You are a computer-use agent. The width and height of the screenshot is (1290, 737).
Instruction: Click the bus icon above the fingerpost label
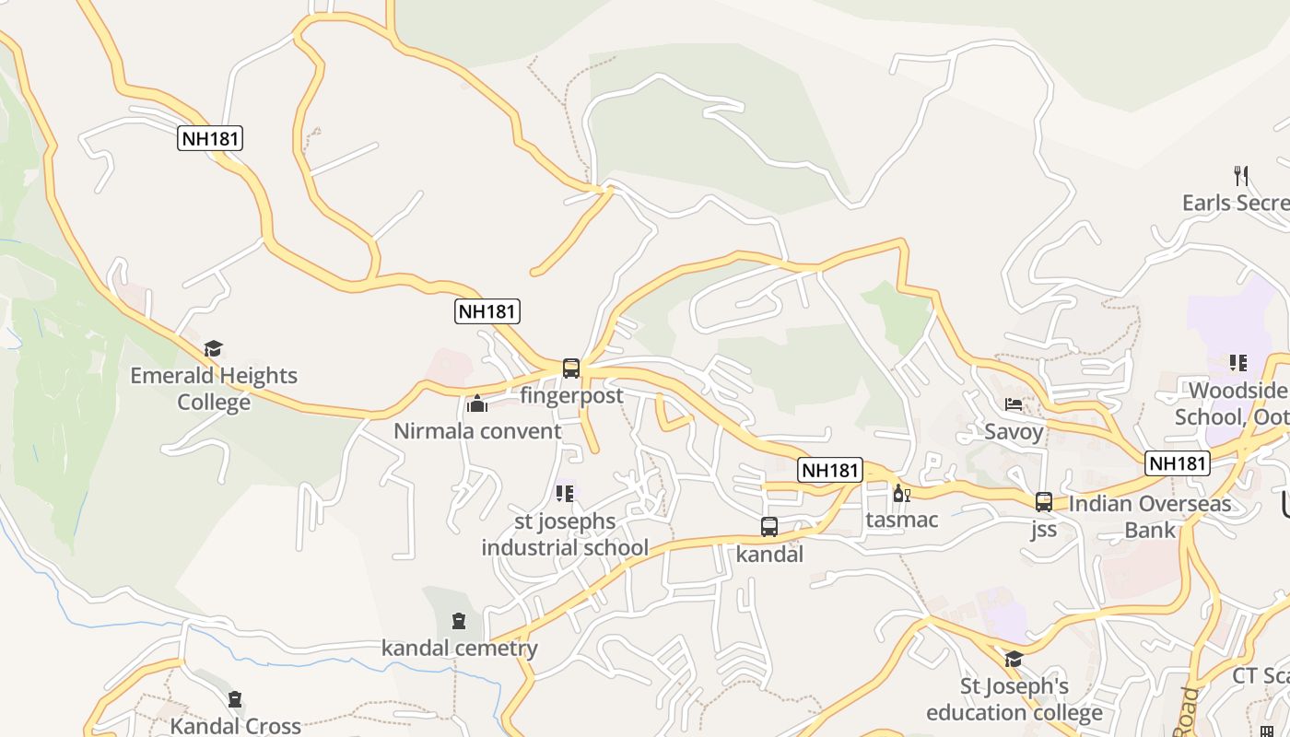click(571, 368)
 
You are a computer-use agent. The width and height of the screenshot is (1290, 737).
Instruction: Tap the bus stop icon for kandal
click(769, 527)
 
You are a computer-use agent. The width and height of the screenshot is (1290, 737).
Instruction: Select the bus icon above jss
click(1044, 501)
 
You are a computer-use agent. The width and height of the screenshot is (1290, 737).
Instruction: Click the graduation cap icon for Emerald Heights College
click(214, 348)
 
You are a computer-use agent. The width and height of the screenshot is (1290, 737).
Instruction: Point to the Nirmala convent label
click(477, 431)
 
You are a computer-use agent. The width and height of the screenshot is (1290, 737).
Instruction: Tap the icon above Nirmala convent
click(477, 404)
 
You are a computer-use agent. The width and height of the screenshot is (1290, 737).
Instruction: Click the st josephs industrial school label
click(565, 534)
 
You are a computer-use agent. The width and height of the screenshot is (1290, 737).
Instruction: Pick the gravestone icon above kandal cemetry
click(459, 621)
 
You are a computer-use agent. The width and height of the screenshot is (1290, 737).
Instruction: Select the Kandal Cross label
click(236, 726)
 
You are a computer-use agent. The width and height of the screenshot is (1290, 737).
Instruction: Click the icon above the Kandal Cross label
click(235, 699)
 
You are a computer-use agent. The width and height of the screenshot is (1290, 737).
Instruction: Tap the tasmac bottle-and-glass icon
click(901, 494)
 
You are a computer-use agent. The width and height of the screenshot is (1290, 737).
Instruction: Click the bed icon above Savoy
click(1014, 404)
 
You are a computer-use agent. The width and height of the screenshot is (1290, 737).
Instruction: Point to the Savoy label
click(1014, 431)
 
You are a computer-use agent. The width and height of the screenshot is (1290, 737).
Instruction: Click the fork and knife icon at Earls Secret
click(1241, 175)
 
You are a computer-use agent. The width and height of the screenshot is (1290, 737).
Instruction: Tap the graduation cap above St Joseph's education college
click(1014, 659)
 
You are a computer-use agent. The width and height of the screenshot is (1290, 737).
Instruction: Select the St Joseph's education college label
click(1014, 699)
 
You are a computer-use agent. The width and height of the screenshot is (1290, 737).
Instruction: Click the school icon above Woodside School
click(1237, 363)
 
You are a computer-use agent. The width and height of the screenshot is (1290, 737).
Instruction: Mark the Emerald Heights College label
click(214, 389)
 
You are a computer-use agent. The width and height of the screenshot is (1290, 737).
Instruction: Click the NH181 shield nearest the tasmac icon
click(830, 470)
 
